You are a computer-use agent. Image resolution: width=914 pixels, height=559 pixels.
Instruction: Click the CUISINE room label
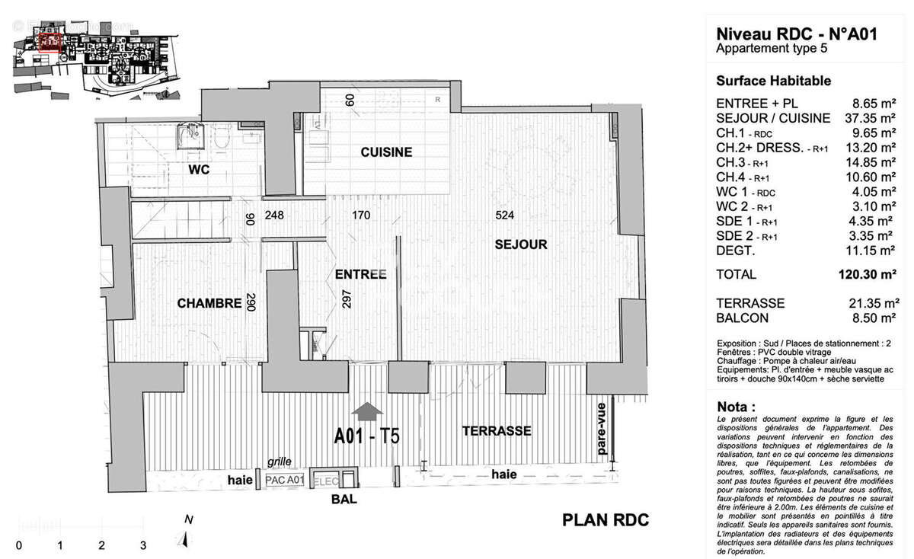pyautogui.click(x=386, y=152)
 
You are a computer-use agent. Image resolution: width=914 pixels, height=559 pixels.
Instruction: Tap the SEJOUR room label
pyautogui.click(x=521, y=244)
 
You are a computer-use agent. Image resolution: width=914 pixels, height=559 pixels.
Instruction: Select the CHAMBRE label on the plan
pyautogui.click(x=209, y=303)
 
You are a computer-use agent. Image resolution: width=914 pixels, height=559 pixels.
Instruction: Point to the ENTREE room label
pyautogui.click(x=360, y=274)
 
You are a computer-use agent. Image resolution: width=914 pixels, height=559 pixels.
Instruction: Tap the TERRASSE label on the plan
pyautogui.click(x=497, y=431)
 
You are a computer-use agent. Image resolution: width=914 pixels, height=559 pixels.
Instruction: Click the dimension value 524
pyautogui.click(x=505, y=216)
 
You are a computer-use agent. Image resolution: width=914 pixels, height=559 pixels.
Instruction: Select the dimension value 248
pyautogui.click(x=274, y=216)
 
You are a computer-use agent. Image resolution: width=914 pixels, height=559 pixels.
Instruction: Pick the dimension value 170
pyautogui.click(x=360, y=216)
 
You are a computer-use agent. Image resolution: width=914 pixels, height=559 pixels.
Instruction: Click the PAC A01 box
pyautogui.click(x=284, y=481)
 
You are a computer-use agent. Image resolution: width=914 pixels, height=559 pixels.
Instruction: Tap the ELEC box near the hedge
pyautogui.click(x=324, y=481)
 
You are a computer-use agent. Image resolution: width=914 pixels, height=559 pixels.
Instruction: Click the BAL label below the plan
pyautogui.click(x=344, y=500)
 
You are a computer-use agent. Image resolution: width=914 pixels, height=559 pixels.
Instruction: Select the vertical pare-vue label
pyautogui.click(x=602, y=429)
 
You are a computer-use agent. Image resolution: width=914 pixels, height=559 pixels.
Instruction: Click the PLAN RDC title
pyautogui.click(x=606, y=520)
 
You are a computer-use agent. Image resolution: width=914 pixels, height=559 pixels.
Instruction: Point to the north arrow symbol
pyautogui.click(x=185, y=538)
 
